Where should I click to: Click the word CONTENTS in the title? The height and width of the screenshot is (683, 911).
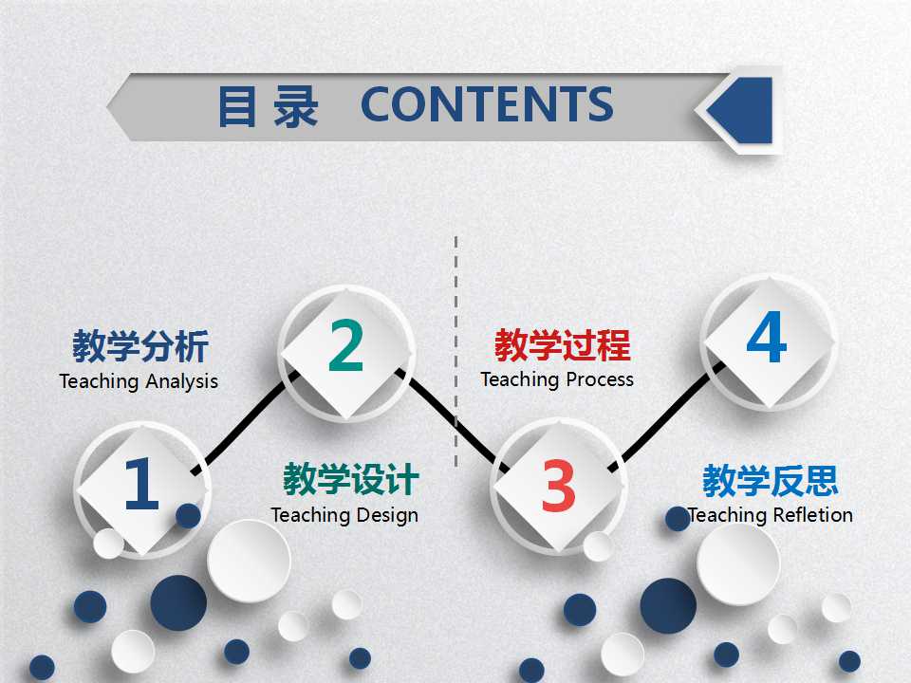pos(487,104)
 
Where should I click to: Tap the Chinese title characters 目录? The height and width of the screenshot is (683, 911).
pos(268,106)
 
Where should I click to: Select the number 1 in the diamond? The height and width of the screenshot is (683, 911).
pos(141,485)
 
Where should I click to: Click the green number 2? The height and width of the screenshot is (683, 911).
pos(346,347)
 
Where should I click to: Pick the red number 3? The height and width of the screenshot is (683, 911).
pos(558,485)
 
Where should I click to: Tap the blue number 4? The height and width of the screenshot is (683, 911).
pos(767,339)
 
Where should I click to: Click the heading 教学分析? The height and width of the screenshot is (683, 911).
pos(140,347)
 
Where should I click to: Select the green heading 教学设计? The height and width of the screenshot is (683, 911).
pos(350,480)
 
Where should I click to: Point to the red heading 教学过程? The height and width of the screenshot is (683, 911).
pos(562,345)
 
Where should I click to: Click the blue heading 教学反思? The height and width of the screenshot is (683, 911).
pos(770,481)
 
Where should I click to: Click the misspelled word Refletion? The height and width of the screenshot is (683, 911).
pos(813,515)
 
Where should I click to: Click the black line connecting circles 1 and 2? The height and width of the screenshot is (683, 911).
pos(242,422)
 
